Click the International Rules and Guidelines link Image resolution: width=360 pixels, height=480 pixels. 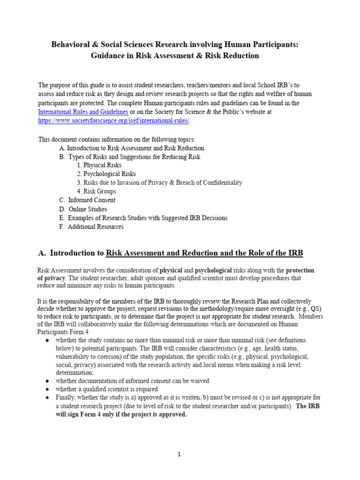tap(83, 112)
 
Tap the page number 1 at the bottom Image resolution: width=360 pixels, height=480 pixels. tap(179, 454)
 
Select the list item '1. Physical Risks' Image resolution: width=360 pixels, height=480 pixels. tap(99, 165)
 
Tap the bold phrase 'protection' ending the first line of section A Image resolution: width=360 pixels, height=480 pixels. tap(300, 270)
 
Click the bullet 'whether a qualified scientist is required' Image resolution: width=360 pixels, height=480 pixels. tap(106, 389)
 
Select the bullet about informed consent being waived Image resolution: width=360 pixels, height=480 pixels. tap(132, 381)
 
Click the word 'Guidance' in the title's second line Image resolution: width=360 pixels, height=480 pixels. tap(107, 56)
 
